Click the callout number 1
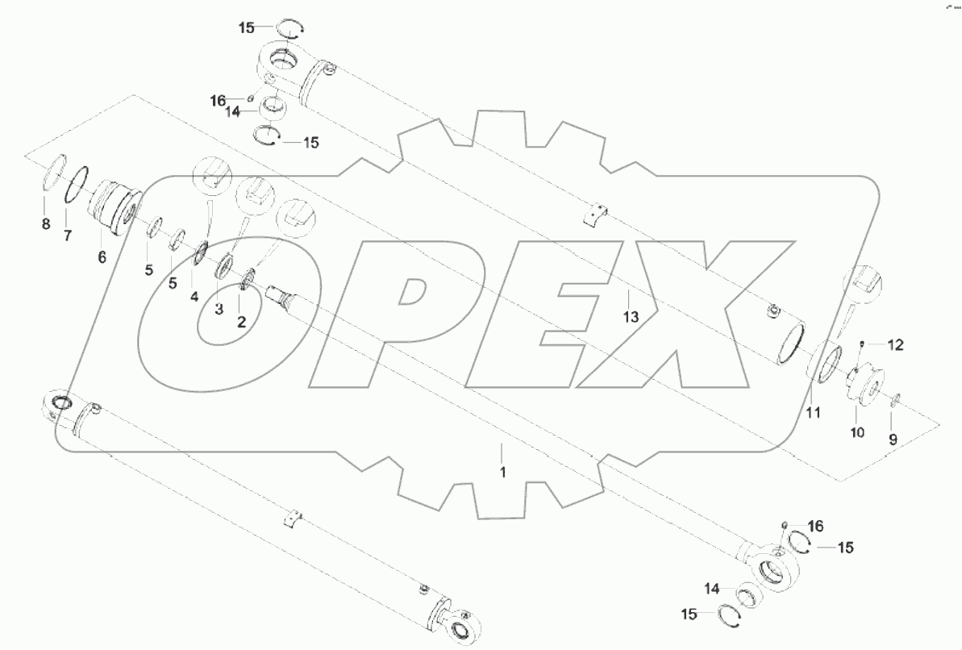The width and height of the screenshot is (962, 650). [502, 472]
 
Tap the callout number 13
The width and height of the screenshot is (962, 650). [631, 318]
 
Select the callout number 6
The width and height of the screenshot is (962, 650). [102, 257]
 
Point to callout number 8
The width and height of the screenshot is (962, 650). [45, 223]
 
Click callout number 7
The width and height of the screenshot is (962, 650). [68, 235]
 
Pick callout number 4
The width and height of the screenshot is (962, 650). [194, 297]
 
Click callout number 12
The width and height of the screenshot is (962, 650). [896, 345]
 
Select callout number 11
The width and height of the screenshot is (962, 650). [813, 413]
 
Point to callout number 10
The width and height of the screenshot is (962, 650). [856, 432]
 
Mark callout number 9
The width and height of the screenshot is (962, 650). [893, 440]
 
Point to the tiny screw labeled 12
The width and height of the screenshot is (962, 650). [862, 345]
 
